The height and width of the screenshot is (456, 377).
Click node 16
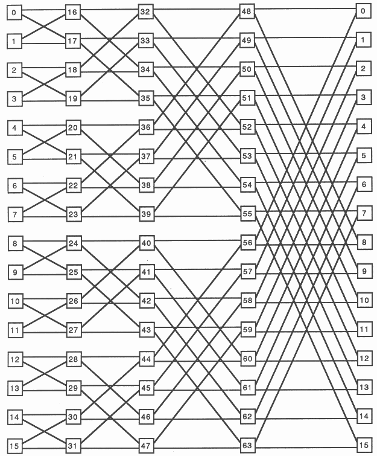pyautogui.click(x=73, y=13)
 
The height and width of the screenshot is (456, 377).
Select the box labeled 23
pyautogui.click(x=73, y=213)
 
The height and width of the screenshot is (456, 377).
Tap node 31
pyautogui.click(x=73, y=446)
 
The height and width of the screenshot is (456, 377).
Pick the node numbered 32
pyautogui.click(x=145, y=12)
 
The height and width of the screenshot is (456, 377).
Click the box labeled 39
pyautogui.click(x=145, y=214)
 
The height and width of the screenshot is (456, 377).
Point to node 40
pyautogui.click(x=145, y=243)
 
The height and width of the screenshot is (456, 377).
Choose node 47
pyautogui.click(x=145, y=446)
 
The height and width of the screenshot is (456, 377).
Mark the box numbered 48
pyautogui.click(x=247, y=11)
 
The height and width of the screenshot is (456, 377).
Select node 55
pyautogui.click(x=247, y=213)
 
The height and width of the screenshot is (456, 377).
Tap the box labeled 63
pyautogui.click(x=247, y=446)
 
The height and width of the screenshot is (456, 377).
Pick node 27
pyautogui.click(x=73, y=330)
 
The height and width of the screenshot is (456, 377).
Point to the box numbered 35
pyautogui.click(x=145, y=98)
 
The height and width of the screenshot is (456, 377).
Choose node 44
pyautogui.click(x=145, y=359)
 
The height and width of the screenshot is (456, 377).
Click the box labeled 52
pyautogui.click(x=247, y=127)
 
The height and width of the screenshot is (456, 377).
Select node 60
pyautogui.click(x=247, y=359)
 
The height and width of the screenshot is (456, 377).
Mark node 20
pyautogui.click(x=73, y=127)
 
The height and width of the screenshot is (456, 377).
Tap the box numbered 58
pyautogui.click(x=247, y=300)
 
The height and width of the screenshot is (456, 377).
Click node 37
pyautogui.click(x=145, y=156)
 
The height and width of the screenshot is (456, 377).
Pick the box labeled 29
pyautogui.click(x=73, y=388)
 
